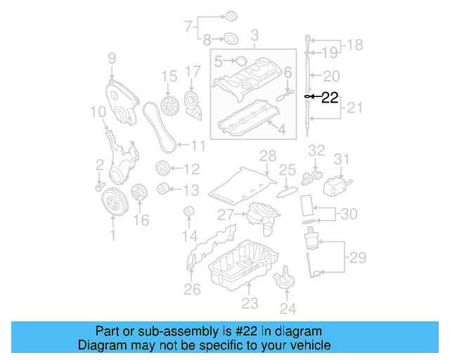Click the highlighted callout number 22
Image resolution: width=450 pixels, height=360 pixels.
pyautogui.click(x=330, y=98)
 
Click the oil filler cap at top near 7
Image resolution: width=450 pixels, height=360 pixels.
pyautogui.click(x=230, y=16)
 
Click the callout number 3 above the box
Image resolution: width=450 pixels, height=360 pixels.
pyautogui.click(x=254, y=34)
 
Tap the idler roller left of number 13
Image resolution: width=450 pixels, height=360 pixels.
pyautogui.click(x=163, y=188)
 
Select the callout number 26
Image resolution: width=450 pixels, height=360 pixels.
pyautogui.click(x=192, y=288)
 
